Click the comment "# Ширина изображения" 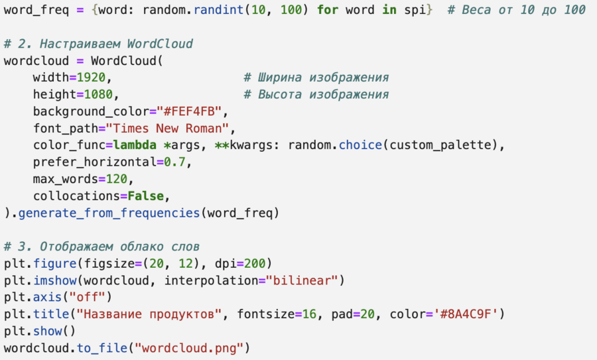316,78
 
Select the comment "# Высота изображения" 316,94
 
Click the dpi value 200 260,263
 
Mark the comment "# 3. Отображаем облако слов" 101,246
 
